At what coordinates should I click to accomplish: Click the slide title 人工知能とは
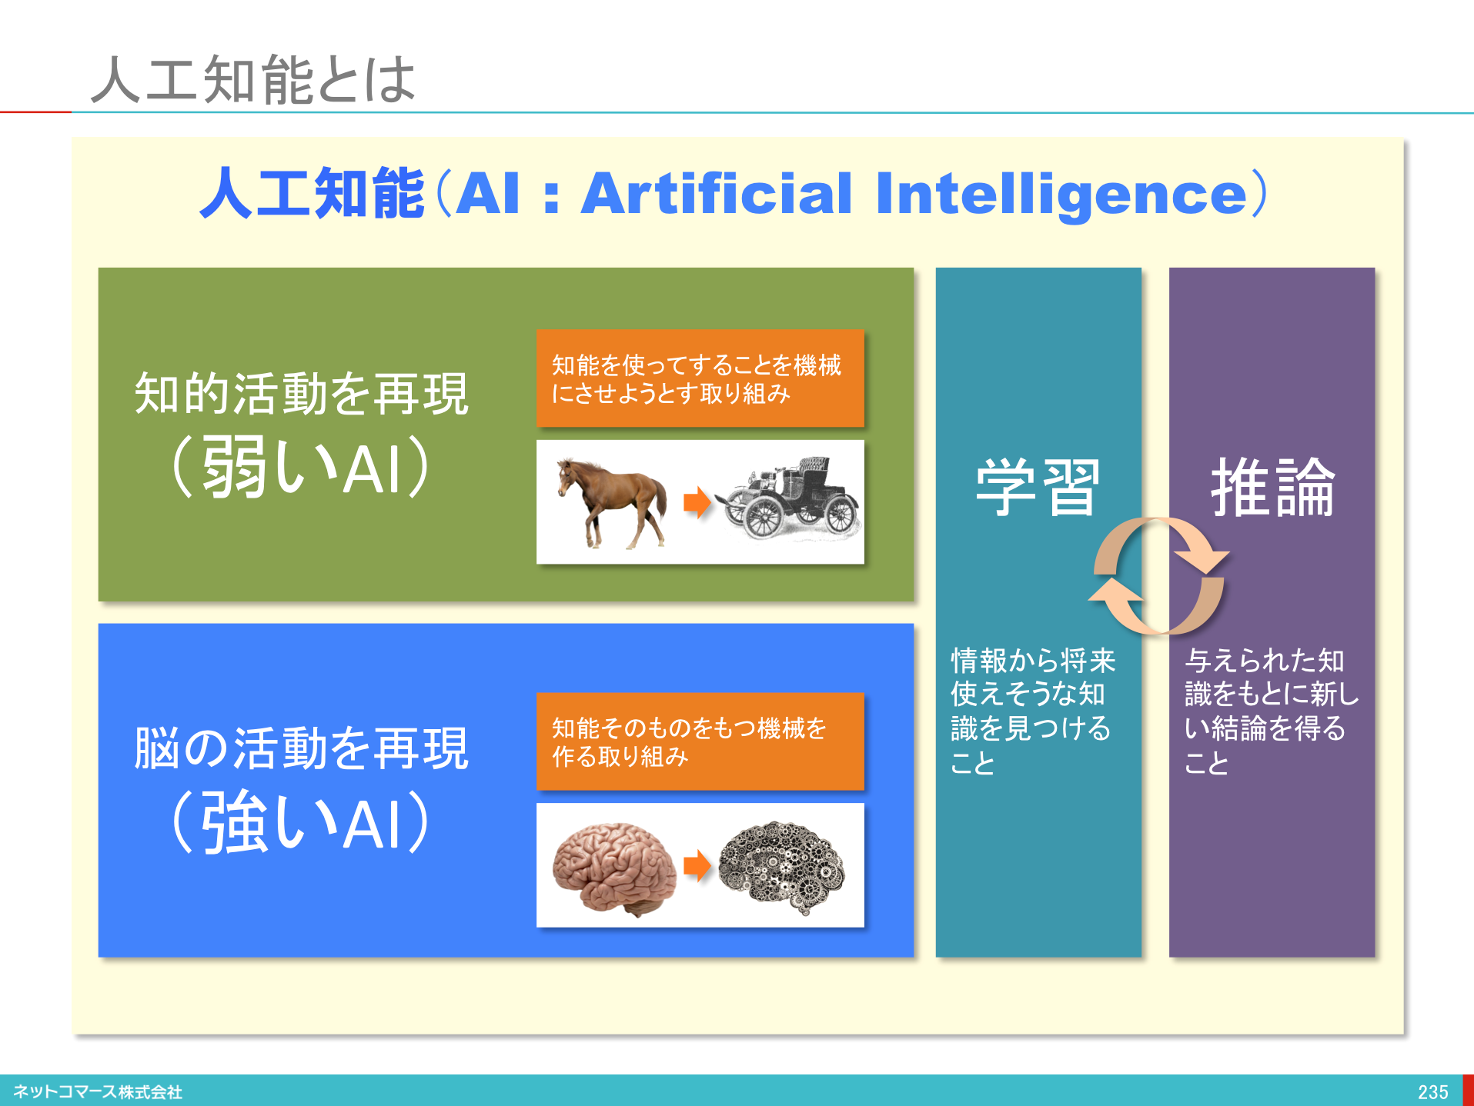(253, 79)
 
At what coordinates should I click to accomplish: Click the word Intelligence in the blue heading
(1061, 193)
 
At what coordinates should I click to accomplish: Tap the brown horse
(611, 502)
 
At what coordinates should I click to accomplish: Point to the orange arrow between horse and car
(697, 502)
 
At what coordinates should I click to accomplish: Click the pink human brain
(614, 868)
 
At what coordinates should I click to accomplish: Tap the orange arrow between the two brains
(697, 865)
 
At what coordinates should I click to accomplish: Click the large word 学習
(1038, 487)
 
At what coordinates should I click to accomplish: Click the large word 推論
(1272, 487)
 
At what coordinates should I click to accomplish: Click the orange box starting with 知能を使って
(700, 378)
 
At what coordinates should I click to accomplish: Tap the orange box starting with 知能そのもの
(700, 741)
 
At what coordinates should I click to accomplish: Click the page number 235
(1432, 1091)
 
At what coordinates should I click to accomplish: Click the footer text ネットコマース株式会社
(98, 1091)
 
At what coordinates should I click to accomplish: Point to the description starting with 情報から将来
(1033, 711)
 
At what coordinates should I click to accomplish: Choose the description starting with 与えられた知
(1272, 711)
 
